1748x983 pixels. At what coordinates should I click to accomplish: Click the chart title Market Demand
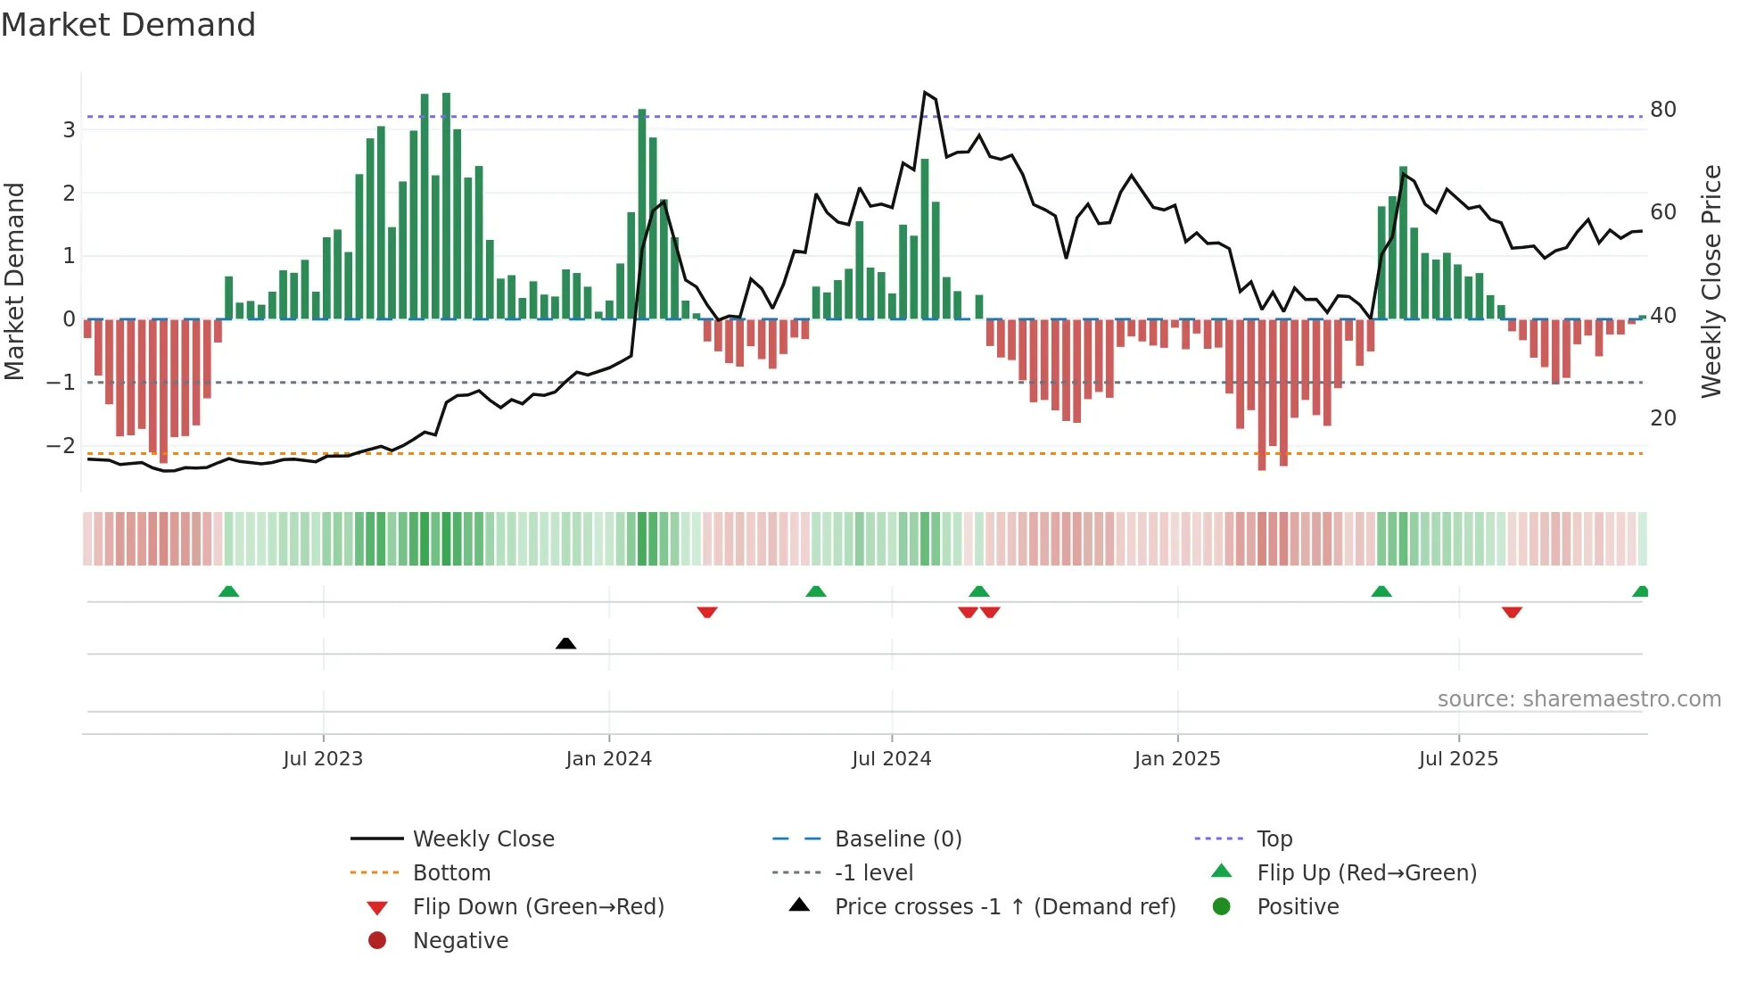[x=128, y=25]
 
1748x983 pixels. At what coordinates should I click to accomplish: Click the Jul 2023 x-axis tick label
[x=323, y=759]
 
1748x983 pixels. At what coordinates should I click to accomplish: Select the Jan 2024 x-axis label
[x=608, y=759]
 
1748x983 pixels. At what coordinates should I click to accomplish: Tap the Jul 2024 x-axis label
[x=891, y=759]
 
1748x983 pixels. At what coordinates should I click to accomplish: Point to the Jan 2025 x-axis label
[x=1177, y=759]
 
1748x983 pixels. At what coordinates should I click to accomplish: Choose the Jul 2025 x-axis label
[x=1458, y=759]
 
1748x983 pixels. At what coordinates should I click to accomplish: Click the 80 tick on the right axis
[x=1662, y=110]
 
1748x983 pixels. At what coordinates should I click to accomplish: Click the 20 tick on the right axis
[x=1662, y=418]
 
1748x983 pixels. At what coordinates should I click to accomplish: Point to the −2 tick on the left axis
[x=61, y=445]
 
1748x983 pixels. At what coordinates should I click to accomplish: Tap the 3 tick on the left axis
[x=69, y=130]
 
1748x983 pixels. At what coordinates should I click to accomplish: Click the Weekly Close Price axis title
[x=1711, y=281]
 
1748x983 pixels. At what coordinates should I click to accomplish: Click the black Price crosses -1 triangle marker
[x=565, y=643]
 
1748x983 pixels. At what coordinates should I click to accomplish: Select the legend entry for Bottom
[x=451, y=873]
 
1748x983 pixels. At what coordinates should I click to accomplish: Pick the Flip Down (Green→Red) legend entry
[x=538, y=907]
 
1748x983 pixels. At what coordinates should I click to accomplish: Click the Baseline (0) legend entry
[x=897, y=839]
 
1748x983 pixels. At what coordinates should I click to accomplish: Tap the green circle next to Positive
[x=1222, y=907]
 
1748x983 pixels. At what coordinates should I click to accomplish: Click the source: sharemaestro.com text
[x=1579, y=699]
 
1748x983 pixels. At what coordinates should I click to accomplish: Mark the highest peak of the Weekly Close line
[x=925, y=92]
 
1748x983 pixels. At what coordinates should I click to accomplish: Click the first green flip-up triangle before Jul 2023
[x=228, y=591]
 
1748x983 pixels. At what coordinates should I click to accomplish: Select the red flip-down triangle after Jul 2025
[x=1511, y=612]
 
